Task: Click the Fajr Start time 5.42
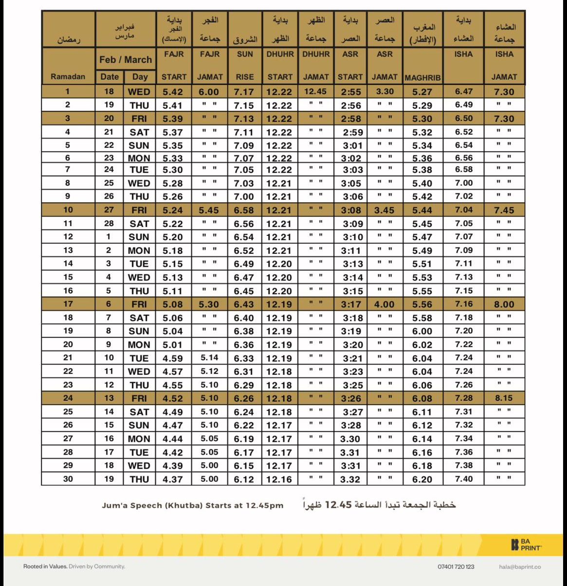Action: pyautogui.click(x=173, y=92)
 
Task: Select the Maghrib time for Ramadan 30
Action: pyautogui.click(x=422, y=479)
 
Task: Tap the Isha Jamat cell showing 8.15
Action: pyautogui.click(x=504, y=398)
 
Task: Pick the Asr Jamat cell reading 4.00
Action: pyautogui.click(x=384, y=304)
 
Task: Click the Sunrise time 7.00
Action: pyautogui.click(x=244, y=196)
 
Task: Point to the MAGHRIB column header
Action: pyautogui.click(x=422, y=77)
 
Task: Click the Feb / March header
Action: pyautogui.click(x=126, y=60)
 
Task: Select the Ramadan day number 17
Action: pyautogui.click(x=68, y=304)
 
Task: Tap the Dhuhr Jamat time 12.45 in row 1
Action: pyautogui.click(x=315, y=91)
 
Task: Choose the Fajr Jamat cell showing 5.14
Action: pyautogui.click(x=209, y=358)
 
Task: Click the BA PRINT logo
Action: pyautogui.click(x=526, y=545)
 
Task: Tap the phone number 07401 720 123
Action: pyautogui.click(x=456, y=567)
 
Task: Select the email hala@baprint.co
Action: pyautogui.click(x=520, y=567)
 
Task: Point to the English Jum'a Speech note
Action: pyautogui.click(x=192, y=505)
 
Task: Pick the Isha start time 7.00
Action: pyautogui.click(x=463, y=183)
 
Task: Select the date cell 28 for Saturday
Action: pyautogui.click(x=109, y=223)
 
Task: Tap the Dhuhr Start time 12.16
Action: pyautogui.click(x=279, y=479)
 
